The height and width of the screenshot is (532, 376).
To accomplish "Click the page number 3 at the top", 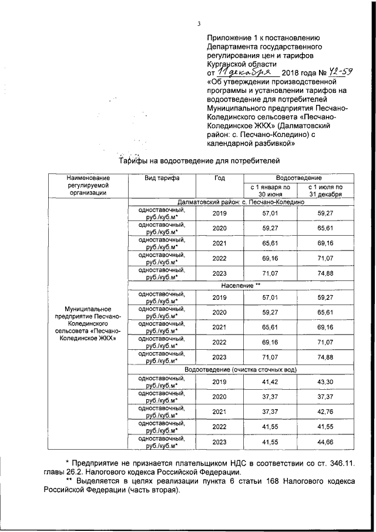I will [199, 24].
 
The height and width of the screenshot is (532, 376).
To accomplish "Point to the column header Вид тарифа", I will [158, 178].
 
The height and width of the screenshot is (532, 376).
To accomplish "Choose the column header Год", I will [219, 178].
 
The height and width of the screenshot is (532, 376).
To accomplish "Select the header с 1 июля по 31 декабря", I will [325, 190].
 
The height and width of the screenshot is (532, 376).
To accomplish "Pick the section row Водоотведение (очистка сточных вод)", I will [241, 370].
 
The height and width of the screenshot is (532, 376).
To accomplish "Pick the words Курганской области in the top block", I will [241, 61].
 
